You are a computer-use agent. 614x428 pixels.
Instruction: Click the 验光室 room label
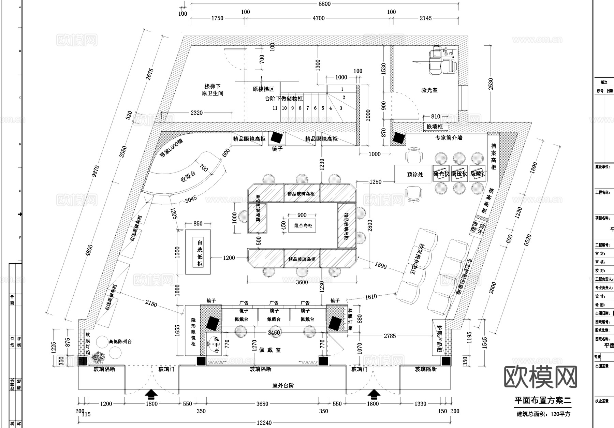(429, 90)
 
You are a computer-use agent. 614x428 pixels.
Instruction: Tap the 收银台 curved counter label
(188, 176)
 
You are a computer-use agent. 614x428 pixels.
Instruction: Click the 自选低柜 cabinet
(200, 253)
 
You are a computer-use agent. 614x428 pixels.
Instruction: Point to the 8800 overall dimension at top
(324, 4)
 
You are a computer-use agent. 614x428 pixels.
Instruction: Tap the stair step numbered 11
(275, 108)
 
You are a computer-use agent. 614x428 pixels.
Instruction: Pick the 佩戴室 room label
(269, 350)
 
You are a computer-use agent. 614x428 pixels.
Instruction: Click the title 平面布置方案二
(542, 400)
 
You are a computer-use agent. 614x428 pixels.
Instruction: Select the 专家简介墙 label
(449, 138)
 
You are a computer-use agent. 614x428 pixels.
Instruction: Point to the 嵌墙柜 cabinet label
(435, 127)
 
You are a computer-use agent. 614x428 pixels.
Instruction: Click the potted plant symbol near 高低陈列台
(99, 357)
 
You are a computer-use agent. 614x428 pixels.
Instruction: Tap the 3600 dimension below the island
(302, 282)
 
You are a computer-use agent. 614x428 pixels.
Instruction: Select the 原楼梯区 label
(263, 89)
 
